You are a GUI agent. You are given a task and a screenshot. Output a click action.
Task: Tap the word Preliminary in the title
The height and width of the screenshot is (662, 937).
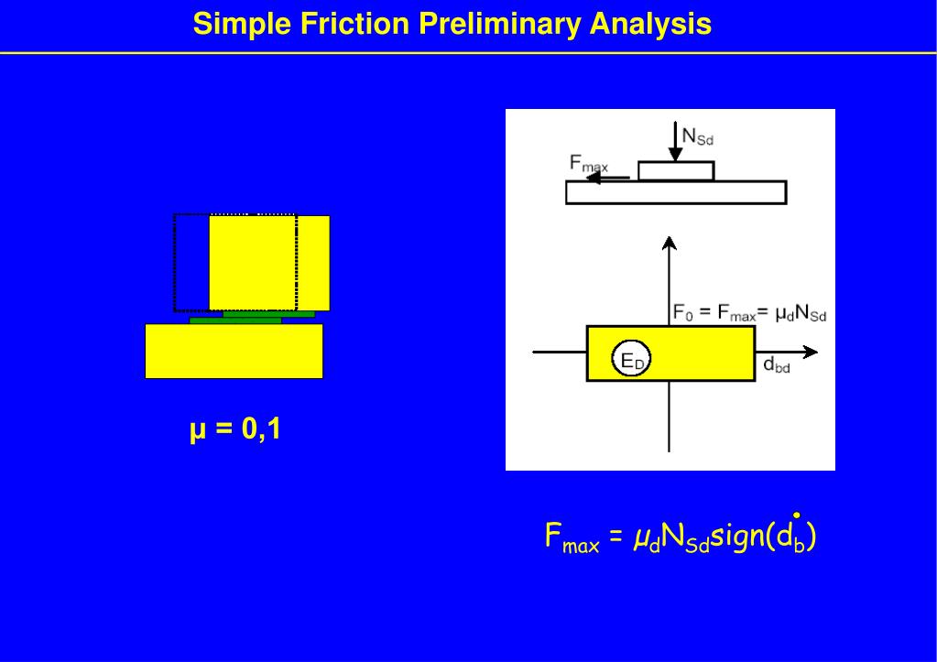499,24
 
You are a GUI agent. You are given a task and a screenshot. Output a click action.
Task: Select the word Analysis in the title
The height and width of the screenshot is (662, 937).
650,24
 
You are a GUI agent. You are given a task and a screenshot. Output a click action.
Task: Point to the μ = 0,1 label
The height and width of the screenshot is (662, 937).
235,429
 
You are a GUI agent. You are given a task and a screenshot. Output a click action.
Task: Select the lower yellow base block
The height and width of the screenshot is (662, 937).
234,351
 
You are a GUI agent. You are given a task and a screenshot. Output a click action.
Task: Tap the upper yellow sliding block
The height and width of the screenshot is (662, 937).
269,263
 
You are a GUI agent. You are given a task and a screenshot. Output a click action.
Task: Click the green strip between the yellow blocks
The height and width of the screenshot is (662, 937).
236,320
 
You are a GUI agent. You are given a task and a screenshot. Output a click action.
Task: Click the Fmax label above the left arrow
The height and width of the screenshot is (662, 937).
588,164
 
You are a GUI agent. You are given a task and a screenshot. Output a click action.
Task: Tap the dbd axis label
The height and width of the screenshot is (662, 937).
776,366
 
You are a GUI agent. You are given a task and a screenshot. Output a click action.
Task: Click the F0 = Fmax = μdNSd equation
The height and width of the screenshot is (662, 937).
749,314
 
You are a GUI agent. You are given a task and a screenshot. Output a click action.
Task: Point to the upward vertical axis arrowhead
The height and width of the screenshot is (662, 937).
670,242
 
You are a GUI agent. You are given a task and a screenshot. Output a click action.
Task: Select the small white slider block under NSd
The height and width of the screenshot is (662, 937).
676,171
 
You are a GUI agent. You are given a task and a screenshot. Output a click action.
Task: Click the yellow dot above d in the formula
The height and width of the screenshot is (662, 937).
798,515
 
